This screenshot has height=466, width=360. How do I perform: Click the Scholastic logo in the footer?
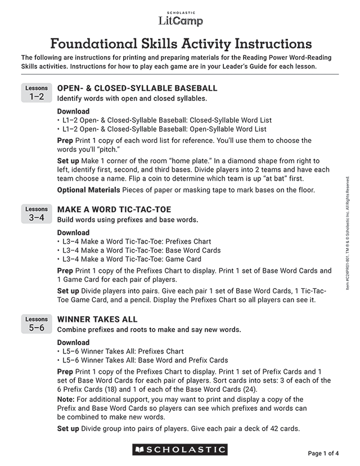pyautogui.click(x=180, y=450)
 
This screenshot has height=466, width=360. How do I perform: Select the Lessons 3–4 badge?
pyautogui.click(x=37, y=214)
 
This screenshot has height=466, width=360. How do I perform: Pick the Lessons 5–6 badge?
pyautogui.click(x=37, y=324)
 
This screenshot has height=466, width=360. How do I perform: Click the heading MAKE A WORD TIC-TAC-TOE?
pyautogui.click(x=114, y=209)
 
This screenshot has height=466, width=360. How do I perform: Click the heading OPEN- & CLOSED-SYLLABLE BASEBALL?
pyautogui.click(x=137, y=88)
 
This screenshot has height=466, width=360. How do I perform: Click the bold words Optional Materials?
pyautogui.click(x=88, y=190)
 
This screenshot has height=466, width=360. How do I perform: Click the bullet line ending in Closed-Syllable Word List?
pyautogui.click(x=166, y=120)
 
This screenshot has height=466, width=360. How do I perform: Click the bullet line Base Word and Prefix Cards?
pyautogui.click(x=145, y=360)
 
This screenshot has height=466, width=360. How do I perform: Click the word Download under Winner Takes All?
pyautogui.click(x=73, y=342)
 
